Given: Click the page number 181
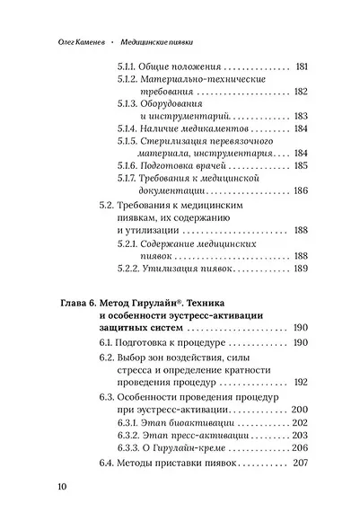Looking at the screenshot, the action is pyautogui.click(x=303, y=67).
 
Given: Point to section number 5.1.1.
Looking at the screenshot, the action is pyautogui.click(x=131, y=67).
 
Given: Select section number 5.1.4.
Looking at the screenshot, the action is pyautogui.click(x=131, y=128).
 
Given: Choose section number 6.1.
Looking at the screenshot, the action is pyautogui.click(x=107, y=344).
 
